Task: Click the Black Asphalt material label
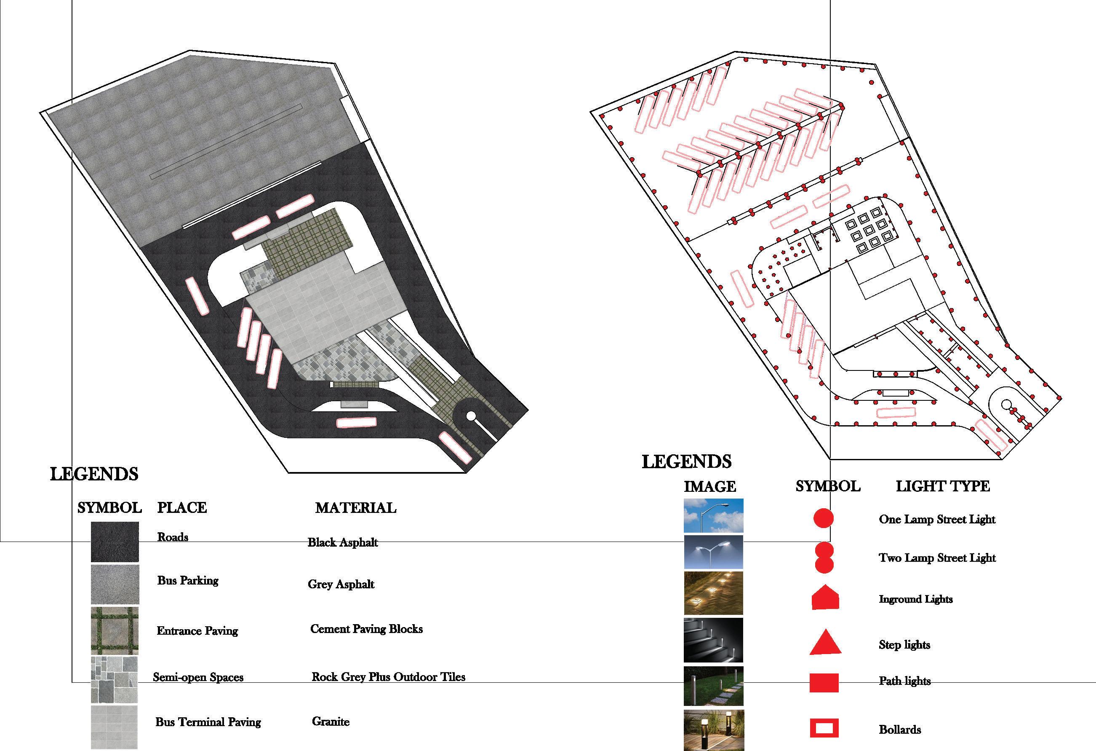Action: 343,542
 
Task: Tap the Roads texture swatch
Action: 115,542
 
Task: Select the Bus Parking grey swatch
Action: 115,585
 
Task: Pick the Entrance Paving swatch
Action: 115,630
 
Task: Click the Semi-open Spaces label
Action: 198,677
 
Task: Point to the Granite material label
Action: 331,721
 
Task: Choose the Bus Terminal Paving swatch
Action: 115,727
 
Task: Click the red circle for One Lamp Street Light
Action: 824,518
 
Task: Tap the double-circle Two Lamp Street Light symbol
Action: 824,558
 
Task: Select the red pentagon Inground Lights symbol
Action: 825,598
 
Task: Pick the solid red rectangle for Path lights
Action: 824,683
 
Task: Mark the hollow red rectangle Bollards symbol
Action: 824,728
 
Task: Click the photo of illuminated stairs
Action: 713,640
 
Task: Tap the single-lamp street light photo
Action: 713,515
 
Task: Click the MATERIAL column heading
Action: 356,508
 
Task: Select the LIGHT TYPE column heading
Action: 942,486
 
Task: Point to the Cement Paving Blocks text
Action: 366,629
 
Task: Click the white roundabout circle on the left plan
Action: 471,416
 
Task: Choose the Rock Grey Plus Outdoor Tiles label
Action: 388,677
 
